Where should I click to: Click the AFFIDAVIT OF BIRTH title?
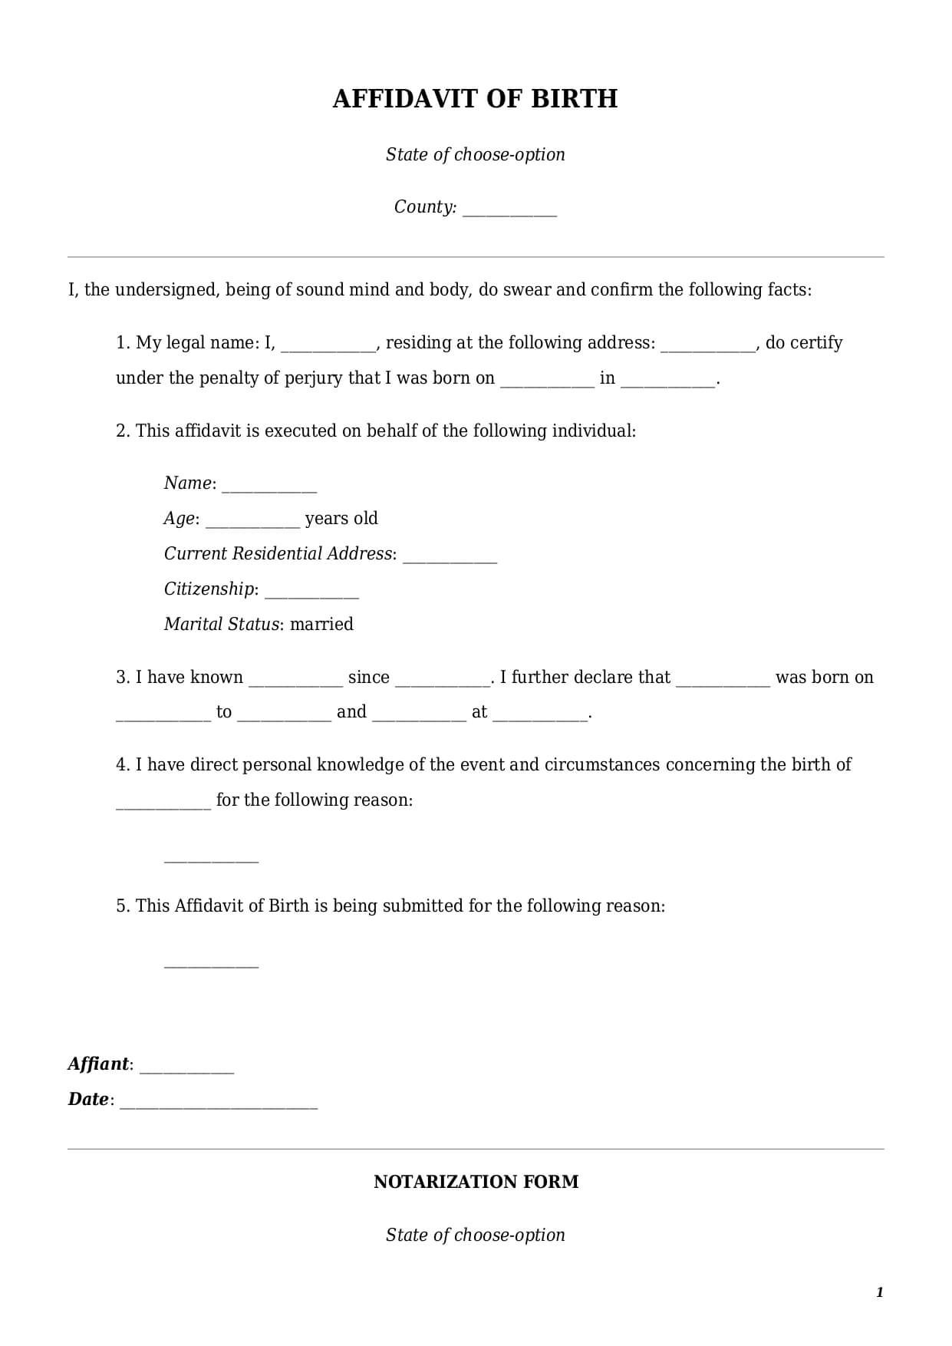click(475, 99)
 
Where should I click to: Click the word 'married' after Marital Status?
click(321, 624)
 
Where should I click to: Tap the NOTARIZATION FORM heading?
click(476, 1182)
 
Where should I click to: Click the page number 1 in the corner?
click(879, 1292)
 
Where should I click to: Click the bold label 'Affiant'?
click(98, 1064)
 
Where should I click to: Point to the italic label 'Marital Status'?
click(221, 624)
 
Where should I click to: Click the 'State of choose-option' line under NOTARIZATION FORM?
click(475, 1235)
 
